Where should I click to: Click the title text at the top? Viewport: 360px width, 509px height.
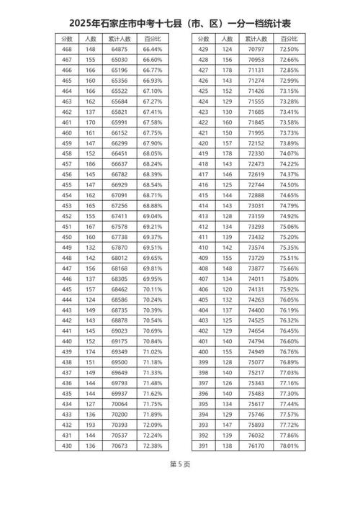tap(180, 24)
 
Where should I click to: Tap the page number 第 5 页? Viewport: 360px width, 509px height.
tap(180, 483)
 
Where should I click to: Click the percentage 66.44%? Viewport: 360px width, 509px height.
tap(153, 48)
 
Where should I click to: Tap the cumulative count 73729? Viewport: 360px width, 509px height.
tap(256, 257)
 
